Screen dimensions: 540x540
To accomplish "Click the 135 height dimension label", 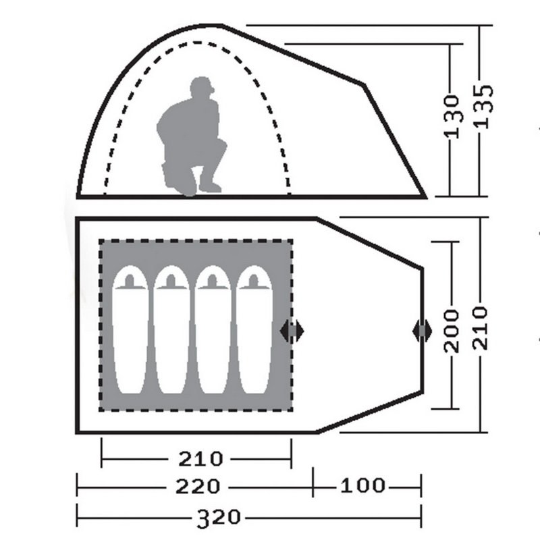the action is [485, 107].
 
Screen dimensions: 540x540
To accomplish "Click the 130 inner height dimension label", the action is [452, 116].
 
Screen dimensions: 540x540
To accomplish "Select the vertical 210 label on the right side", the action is [481, 328].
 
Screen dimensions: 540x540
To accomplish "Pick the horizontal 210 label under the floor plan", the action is [200, 459].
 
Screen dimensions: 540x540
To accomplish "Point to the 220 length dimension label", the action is [197, 487].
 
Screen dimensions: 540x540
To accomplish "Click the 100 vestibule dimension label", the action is [362, 485].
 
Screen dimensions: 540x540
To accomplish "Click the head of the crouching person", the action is [202, 87].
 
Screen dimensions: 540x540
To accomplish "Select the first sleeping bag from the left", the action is [130, 329].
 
